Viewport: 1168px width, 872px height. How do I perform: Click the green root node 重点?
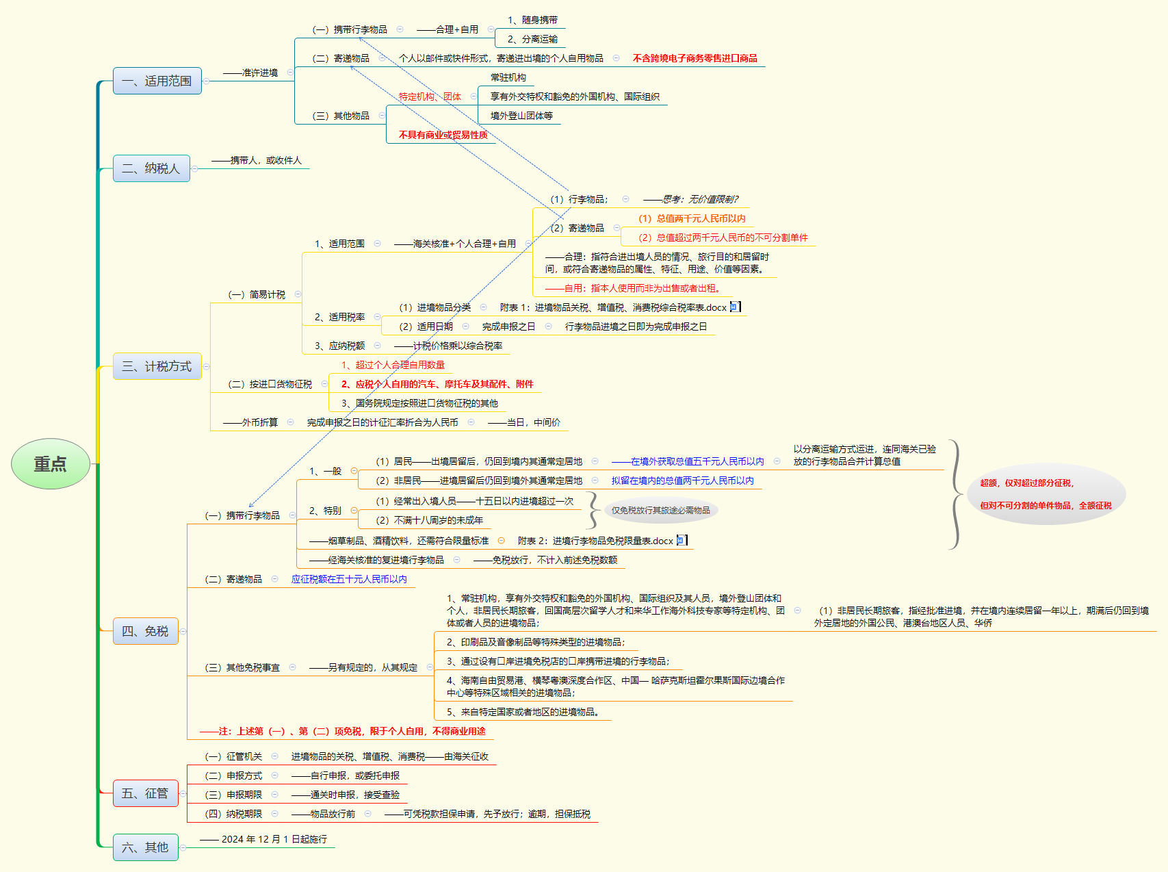(51, 464)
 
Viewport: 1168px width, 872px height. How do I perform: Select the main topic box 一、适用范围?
(157, 81)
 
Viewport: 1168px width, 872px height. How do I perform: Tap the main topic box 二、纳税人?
(151, 168)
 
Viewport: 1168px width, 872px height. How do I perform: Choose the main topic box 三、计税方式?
(157, 366)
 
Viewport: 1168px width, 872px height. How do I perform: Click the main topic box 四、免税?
(145, 631)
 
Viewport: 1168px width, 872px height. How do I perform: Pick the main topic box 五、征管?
(145, 793)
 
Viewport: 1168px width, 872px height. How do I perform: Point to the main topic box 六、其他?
(145, 847)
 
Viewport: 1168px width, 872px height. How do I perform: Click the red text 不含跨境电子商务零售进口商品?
(695, 58)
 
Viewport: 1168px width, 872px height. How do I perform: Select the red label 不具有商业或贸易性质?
(443, 135)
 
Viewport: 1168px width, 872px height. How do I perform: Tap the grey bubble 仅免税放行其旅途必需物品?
(660, 510)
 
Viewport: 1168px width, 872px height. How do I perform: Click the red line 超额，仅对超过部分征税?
(1026, 483)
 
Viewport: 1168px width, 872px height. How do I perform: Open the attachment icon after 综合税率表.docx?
(734, 307)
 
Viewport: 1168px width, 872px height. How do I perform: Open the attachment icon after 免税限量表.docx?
(681, 541)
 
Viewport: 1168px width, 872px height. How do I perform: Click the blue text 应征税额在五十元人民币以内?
(349, 579)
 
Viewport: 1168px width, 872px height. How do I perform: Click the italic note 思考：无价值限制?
(699, 199)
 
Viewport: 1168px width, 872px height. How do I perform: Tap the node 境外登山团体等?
(521, 116)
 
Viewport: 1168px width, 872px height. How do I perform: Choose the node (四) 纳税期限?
(233, 814)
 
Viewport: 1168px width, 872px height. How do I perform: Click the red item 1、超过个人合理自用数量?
(393, 365)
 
